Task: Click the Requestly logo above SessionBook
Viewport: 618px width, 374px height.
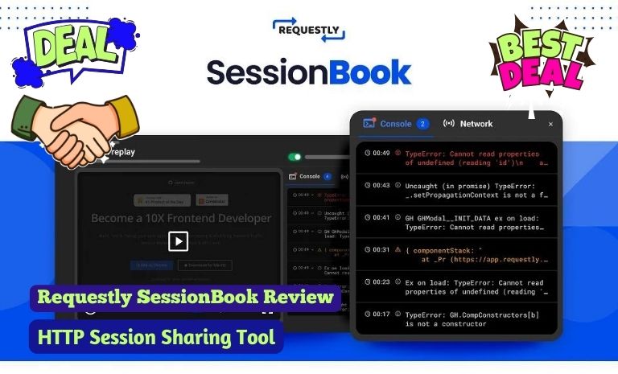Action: point(309,30)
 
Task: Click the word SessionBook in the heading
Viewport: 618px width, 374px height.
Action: point(309,72)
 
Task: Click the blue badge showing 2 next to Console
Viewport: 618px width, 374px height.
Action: point(423,124)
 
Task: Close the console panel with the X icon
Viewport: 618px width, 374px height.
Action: point(550,125)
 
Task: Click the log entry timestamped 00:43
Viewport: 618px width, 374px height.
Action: point(455,190)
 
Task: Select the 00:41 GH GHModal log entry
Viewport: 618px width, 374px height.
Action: point(455,222)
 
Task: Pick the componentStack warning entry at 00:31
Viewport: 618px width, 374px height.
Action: point(455,254)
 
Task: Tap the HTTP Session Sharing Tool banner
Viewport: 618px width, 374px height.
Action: point(157,336)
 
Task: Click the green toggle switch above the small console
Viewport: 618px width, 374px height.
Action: point(295,157)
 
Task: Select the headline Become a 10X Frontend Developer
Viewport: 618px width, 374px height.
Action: point(181,218)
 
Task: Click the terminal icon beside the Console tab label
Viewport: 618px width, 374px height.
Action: point(369,124)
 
